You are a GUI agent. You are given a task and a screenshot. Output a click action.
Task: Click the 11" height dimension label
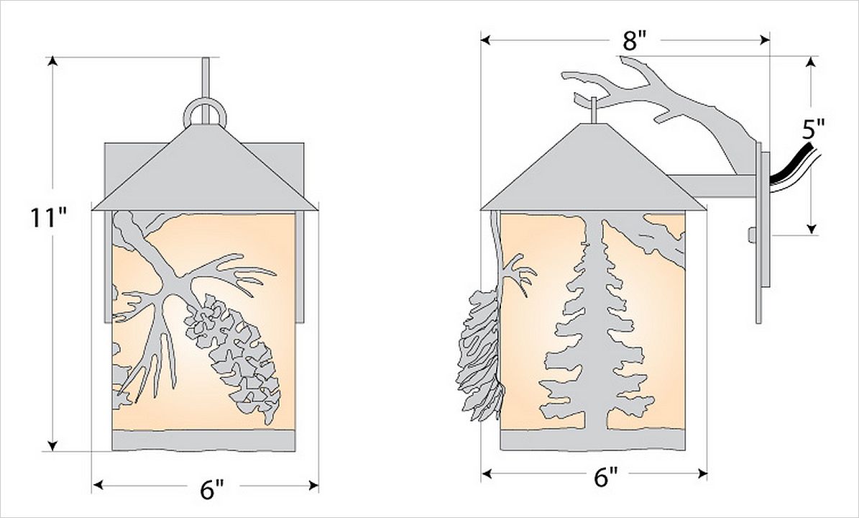tap(48, 217)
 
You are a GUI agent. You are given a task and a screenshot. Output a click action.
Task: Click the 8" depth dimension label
tap(635, 41)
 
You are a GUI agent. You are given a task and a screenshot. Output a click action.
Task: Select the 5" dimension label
tap(813, 130)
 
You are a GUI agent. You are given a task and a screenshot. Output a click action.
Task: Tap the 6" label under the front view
tap(212, 489)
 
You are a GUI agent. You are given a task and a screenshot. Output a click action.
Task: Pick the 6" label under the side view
tap(606, 478)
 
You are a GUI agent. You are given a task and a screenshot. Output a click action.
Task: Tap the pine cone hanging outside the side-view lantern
tap(479, 356)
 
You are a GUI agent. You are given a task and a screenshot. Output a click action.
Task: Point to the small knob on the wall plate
tap(752, 235)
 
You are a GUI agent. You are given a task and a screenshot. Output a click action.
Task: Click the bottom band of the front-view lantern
tap(204, 440)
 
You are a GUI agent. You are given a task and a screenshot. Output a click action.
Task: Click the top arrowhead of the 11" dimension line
tap(52, 61)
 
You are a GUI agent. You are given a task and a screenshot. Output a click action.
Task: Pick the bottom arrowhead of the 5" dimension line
tap(812, 228)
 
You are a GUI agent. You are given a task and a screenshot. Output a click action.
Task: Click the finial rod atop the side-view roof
tap(594, 110)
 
